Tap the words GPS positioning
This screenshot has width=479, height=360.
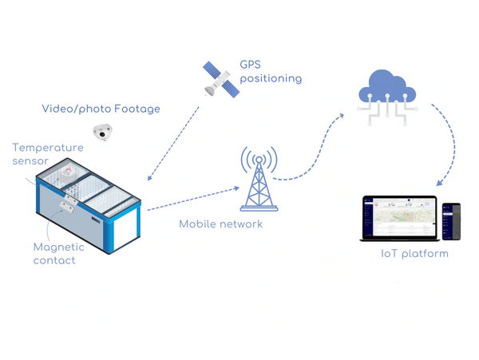(x=271, y=72)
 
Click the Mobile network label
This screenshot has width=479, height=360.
(x=220, y=224)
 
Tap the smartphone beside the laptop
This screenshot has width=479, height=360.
(x=452, y=221)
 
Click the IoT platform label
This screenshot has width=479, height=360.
(x=414, y=254)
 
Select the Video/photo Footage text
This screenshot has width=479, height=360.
(x=101, y=109)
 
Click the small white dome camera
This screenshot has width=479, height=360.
(x=101, y=132)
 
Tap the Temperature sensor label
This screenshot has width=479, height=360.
(x=48, y=154)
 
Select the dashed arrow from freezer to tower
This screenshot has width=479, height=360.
(x=192, y=198)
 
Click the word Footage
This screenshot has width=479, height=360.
(x=137, y=109)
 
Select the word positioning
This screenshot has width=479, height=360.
(x=271, y=78)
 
